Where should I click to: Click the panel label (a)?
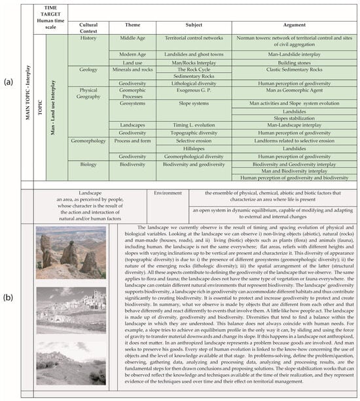[x=7, y=82]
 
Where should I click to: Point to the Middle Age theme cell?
[x=132, y=39]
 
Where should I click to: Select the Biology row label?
[x=80, y=165]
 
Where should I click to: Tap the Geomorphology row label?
[x=88, y=141]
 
